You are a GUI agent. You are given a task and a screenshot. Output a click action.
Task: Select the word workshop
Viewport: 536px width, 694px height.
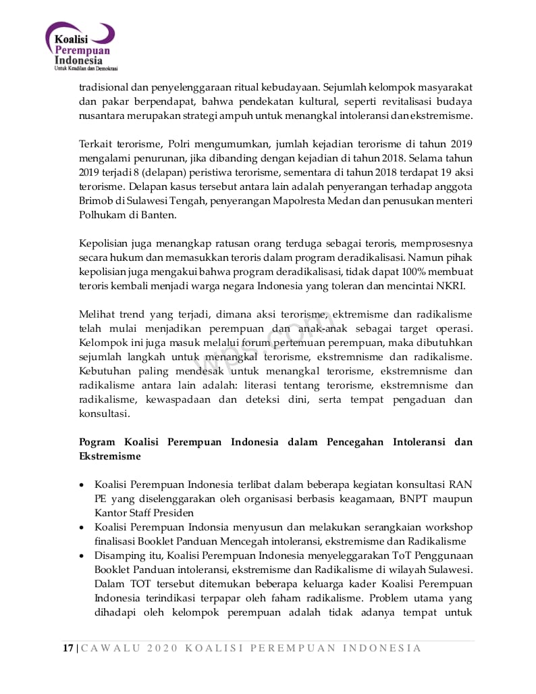point(448,527)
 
